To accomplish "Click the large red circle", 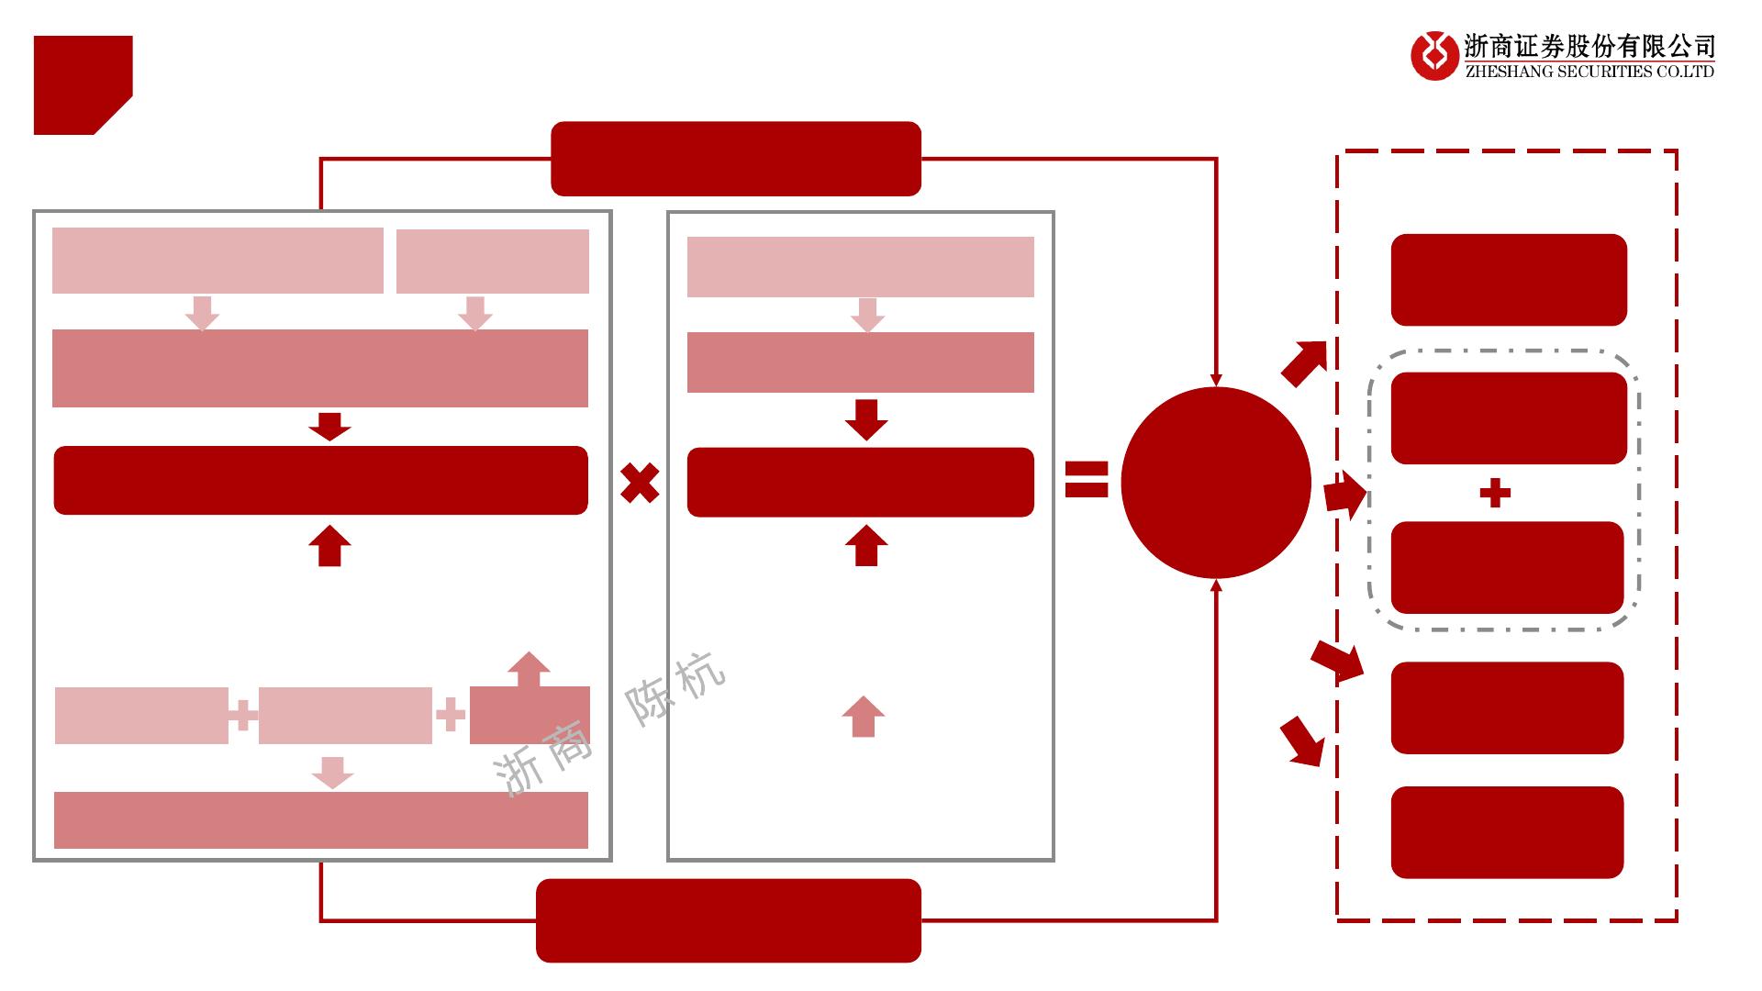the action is pos(1216,483).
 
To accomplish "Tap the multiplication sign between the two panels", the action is pos(640,483).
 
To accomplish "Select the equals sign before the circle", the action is pos(1087,479).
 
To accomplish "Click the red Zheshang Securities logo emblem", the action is pos(1434,56).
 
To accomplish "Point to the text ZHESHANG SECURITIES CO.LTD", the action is pos(1589,72).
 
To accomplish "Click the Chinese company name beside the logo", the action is pos(1589,46).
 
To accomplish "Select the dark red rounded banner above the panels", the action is pos(735,159).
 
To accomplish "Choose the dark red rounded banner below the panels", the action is pos(728,920).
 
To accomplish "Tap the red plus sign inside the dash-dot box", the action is pos(1495,494).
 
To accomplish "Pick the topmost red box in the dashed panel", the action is pos(1509,280).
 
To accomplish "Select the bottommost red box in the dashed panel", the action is pos(1507,832).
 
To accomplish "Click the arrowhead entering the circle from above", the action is pos(1216,380).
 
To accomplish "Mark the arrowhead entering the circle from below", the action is pos(1216,585).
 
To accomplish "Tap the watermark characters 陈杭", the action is pos(675,689).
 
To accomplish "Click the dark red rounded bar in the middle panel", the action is pos(860,482).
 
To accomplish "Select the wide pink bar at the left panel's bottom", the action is pos(320,819).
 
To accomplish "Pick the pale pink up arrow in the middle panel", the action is pos(863,716).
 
